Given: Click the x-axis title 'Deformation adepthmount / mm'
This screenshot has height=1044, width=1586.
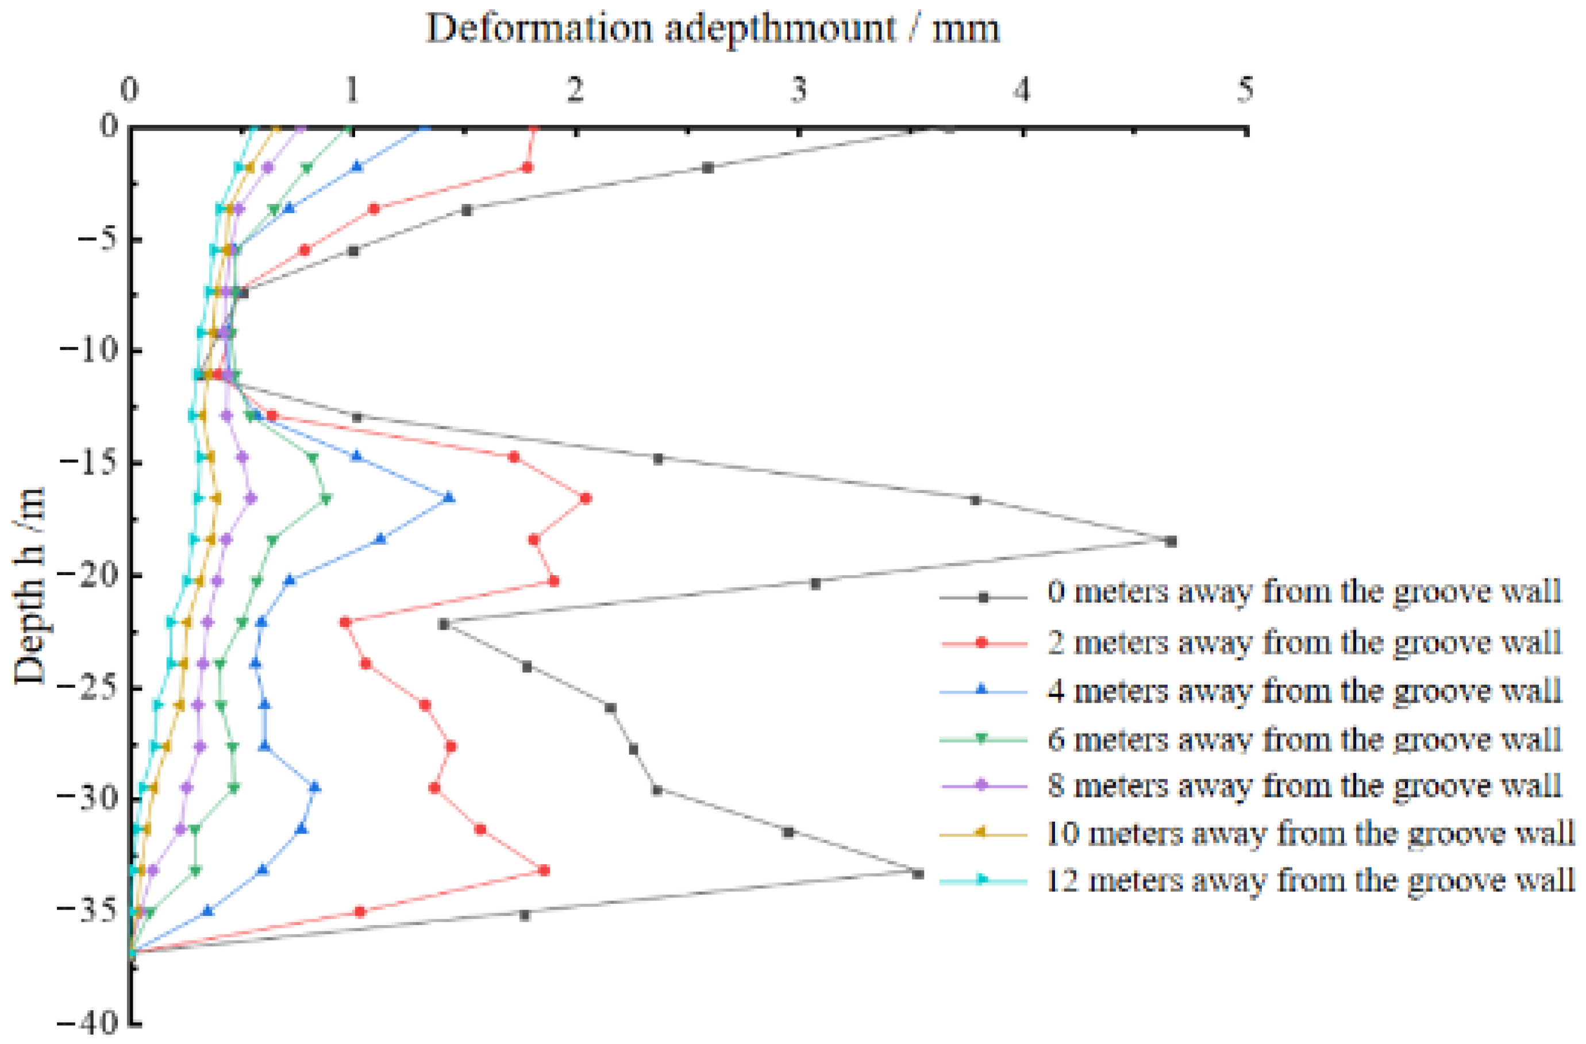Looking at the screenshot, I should pos(713,29).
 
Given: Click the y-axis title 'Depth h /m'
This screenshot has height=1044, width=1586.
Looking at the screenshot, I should pos(29,586).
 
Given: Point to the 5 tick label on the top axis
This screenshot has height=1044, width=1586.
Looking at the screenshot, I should pos(1245,90).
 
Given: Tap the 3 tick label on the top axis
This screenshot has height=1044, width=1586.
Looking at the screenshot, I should pos(799,90).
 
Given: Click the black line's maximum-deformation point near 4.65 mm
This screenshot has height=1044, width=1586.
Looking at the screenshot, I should pos(1171,541).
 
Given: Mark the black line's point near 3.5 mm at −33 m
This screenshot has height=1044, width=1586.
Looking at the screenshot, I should pos(918,873).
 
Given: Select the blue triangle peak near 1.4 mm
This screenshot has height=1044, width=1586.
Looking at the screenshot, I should pos(449,497).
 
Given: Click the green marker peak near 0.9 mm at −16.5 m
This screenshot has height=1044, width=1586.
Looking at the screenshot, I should pos(326,498).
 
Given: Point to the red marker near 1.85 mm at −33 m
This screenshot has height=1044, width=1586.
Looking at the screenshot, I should pos(544,870).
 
